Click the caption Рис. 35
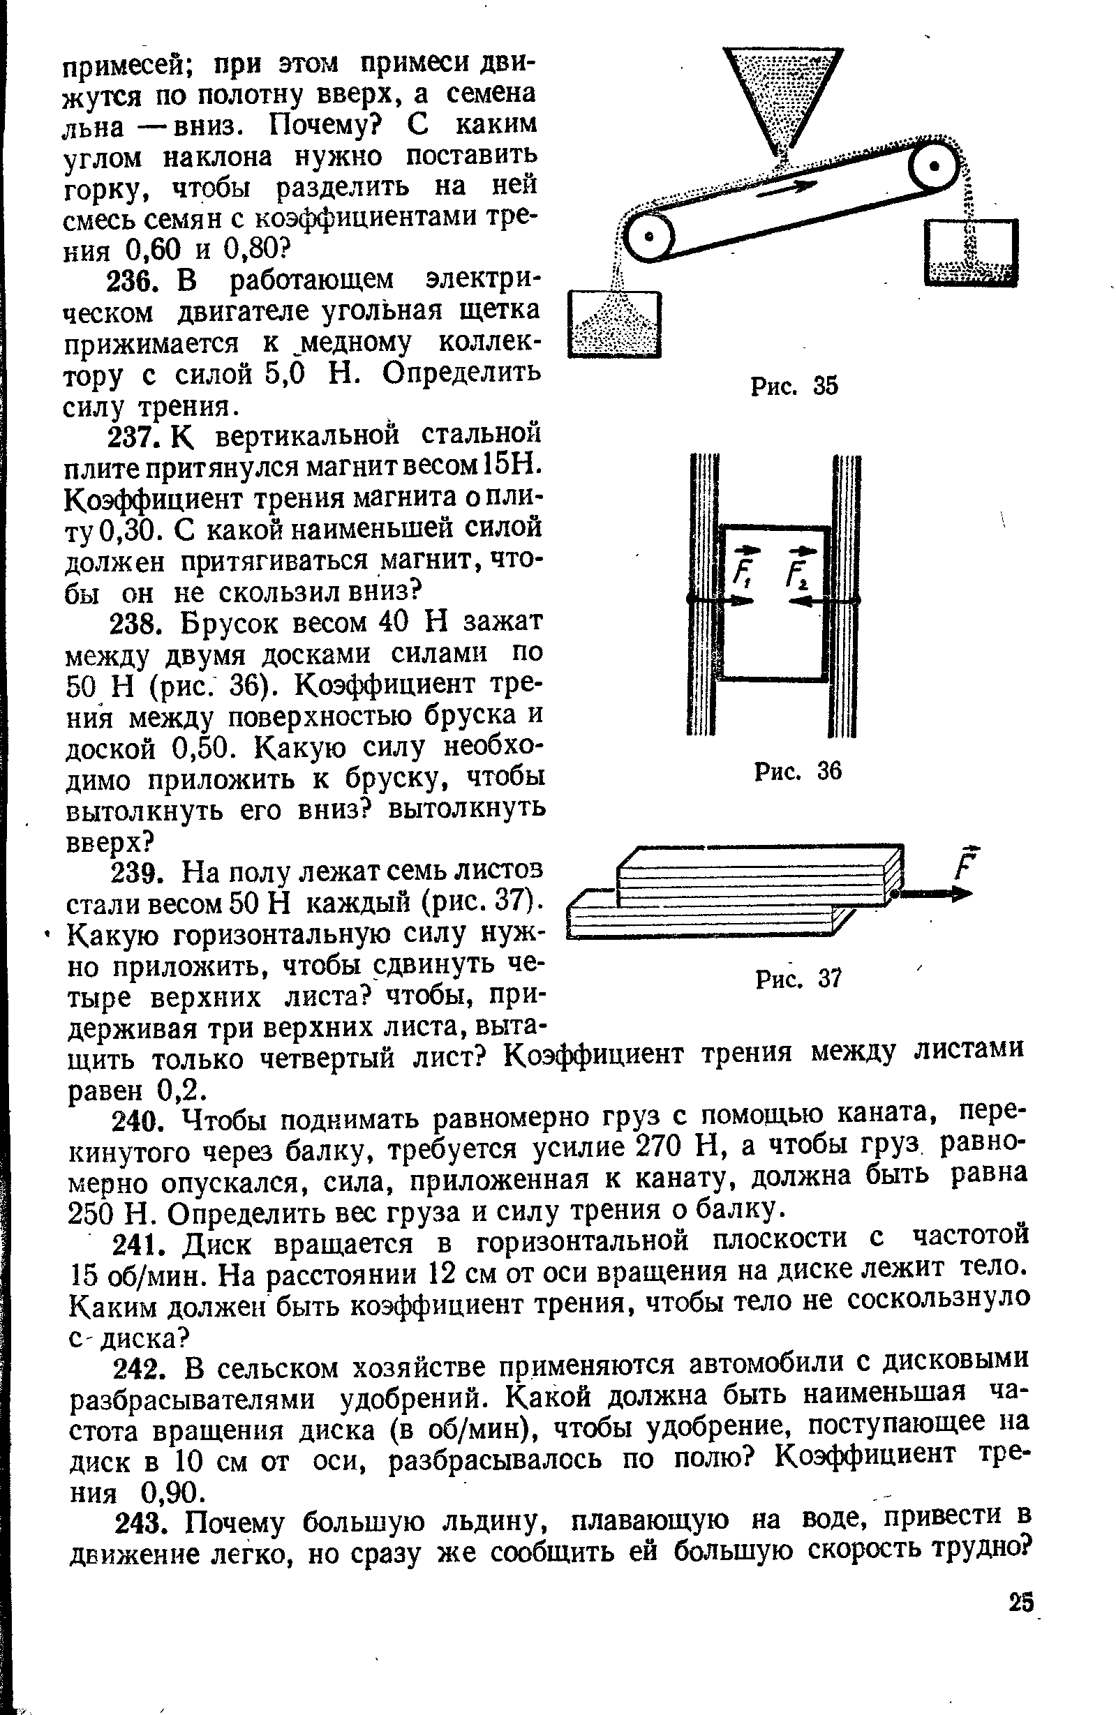(x=795, y=387)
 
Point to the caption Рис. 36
(x=797, y=772)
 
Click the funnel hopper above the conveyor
(x=783, y=93)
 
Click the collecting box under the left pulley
(x=614, y=324)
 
